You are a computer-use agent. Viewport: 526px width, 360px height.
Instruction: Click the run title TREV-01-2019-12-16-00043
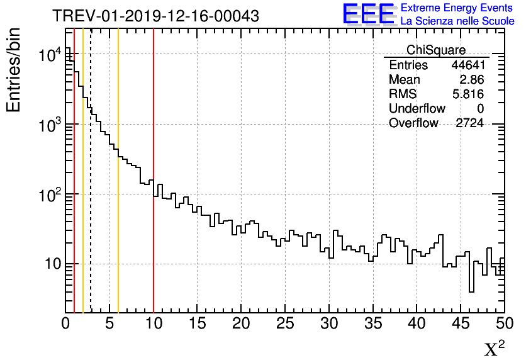coord(155,16)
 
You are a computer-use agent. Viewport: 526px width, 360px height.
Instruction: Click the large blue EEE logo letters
coord(369,14)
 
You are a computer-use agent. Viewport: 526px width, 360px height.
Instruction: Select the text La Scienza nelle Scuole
coord(457,21)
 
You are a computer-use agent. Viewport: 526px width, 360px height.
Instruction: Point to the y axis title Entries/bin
coord(13,70)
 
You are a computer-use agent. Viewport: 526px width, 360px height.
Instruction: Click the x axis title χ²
coord(495,348)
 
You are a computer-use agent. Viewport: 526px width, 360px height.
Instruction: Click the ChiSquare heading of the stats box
coord(436,50)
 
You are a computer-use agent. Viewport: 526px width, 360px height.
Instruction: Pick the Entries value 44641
coord(467,65)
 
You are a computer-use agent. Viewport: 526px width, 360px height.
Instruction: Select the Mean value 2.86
coord(471,80)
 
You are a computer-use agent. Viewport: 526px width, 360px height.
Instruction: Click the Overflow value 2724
coord(469,123)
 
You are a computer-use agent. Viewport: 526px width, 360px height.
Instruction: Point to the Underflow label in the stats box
coord(417,109)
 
